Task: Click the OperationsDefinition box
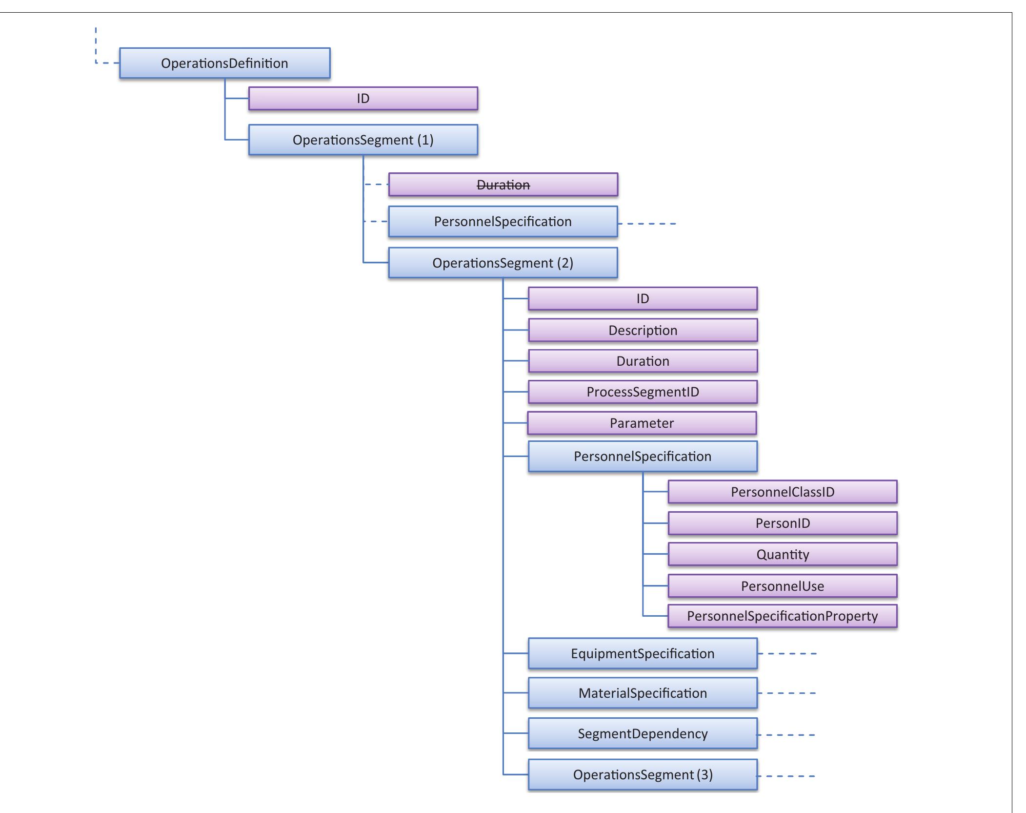224,63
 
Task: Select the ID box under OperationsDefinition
363,99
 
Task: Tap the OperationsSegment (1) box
363,140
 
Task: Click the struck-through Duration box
503,185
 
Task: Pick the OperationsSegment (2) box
503,263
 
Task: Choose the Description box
643,330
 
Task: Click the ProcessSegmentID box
643,392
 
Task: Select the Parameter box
642,423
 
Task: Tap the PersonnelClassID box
782,492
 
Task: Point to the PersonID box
782,523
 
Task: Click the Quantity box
782,554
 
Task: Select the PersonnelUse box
782,586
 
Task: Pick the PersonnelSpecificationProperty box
782,616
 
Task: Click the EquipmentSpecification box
643,653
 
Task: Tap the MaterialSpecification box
643,693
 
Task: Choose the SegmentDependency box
643,733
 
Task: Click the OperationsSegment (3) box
643,774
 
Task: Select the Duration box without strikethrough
643,361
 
